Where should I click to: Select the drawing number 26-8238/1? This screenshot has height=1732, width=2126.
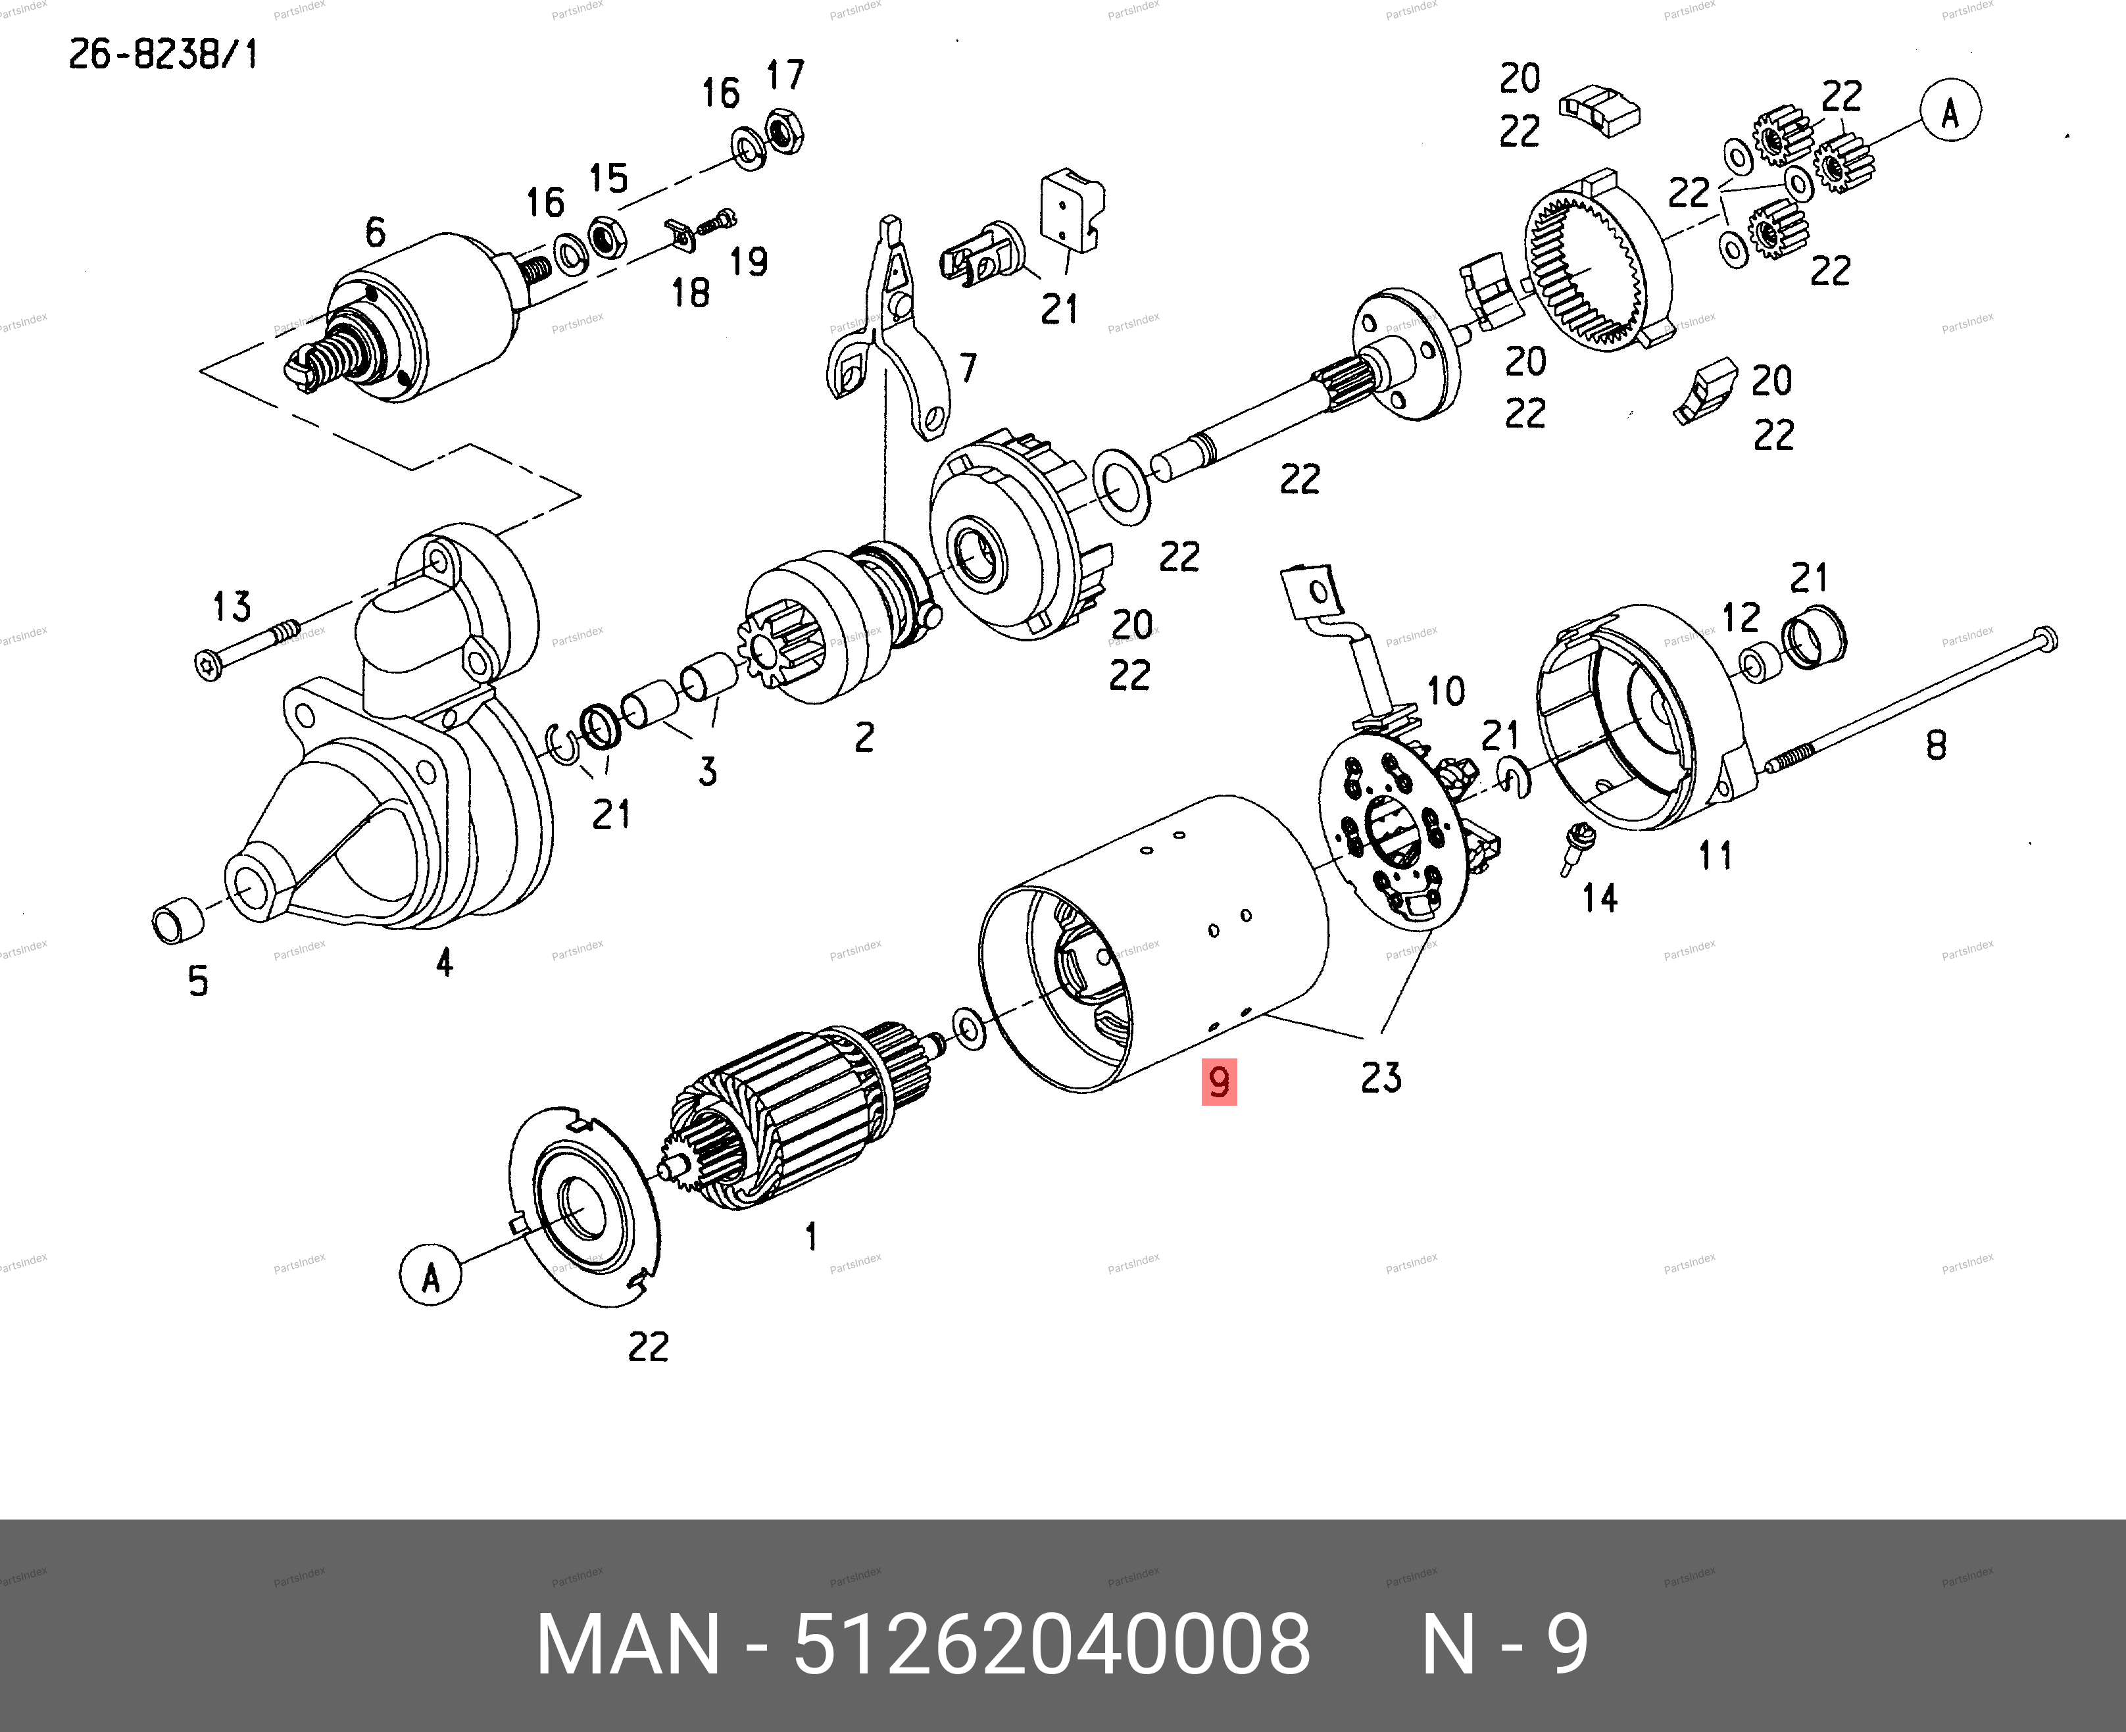pos(162,54)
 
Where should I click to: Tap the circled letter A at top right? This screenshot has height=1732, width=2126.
pos(1950,112)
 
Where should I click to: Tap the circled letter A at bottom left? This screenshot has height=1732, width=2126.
pos(430,1274)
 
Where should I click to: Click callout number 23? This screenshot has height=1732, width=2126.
pos(1381,1077)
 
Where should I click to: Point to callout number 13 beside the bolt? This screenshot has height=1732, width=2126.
pos(232,606)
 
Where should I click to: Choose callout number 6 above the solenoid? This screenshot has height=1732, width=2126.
pos(375,232)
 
